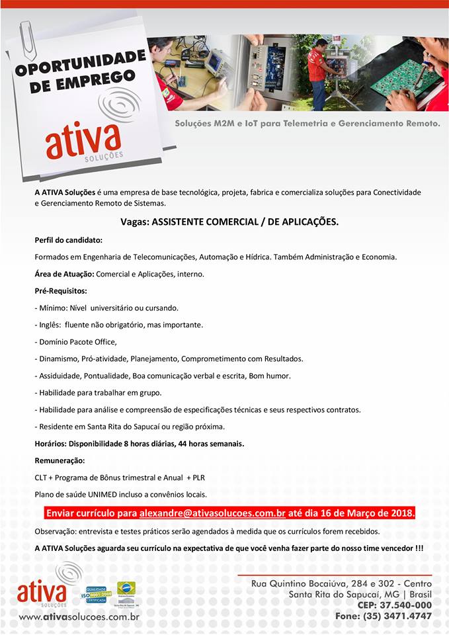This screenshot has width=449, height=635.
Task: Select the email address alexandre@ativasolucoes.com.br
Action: (x=212, y=513)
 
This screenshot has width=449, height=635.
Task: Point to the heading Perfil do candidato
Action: (x=68, y=239)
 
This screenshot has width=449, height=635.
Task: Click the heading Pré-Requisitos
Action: (x=61, y=290)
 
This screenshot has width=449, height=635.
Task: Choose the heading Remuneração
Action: (x=60, y=460)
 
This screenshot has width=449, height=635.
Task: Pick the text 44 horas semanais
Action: (x=210, y=444)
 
